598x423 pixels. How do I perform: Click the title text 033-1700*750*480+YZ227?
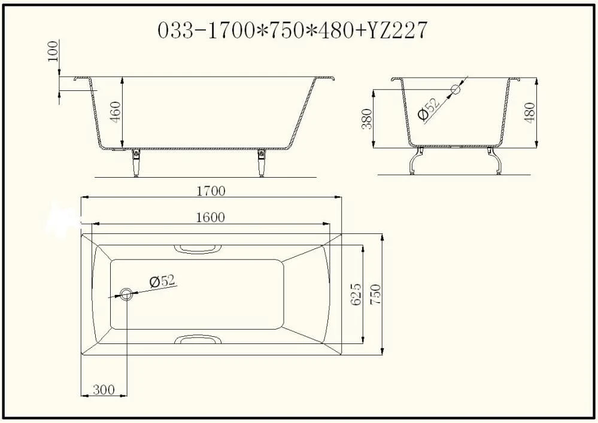coord(292,30)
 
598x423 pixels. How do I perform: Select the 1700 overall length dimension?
coord(211,190)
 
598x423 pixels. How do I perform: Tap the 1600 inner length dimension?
coord(211,217)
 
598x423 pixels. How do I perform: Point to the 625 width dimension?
coord(355,294)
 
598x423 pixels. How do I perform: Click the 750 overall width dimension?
coord(375,294)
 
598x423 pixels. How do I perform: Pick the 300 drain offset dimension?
coord(104,389)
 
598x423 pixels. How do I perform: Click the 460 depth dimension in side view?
coord(115,111)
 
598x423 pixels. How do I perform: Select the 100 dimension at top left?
coord(53,51)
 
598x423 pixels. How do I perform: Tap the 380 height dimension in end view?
coord(366,118)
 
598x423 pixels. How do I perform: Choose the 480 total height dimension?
coord(529,112)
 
